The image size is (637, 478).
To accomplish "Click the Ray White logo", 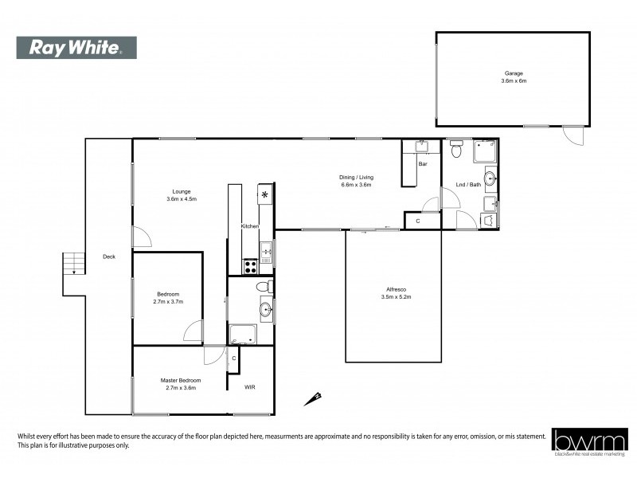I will click(76, 48).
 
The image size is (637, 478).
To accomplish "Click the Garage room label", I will click(513, 73).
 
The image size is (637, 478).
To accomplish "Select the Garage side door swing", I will click(571, 137).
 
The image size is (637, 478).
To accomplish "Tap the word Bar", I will click(423, 164).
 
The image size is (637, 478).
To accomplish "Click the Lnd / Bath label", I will click(467, 185).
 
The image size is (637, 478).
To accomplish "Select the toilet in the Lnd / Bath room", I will click(456, 149).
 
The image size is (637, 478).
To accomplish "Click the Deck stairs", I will click(73, 263).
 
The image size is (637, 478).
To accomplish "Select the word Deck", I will click(109, 257).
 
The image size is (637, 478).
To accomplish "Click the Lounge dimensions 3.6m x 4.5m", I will click(182, 199).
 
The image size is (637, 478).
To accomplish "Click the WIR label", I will click(250, 387).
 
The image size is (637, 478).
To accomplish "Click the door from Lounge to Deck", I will click(140, 236).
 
